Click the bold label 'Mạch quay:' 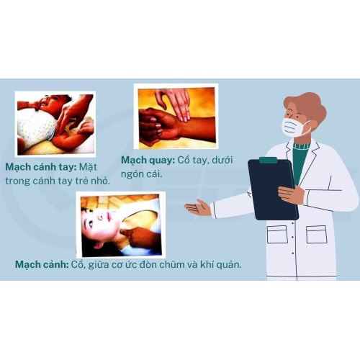(x=148, y=161)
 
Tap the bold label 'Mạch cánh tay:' (x=41, y=167)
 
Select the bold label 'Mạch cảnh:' (x=42, y=264)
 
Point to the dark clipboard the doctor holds (x=273, y=189)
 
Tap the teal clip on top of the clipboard (x=268, y=160)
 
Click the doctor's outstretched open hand (x=197, y=207)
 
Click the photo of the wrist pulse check (x=176, y=117)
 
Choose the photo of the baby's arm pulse (x=55, y=124)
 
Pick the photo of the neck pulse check (x=121, y=225)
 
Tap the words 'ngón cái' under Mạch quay (x=142, y=174)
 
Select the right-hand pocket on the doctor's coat (x=317, y=234)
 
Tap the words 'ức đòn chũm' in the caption (x=163, y=264)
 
